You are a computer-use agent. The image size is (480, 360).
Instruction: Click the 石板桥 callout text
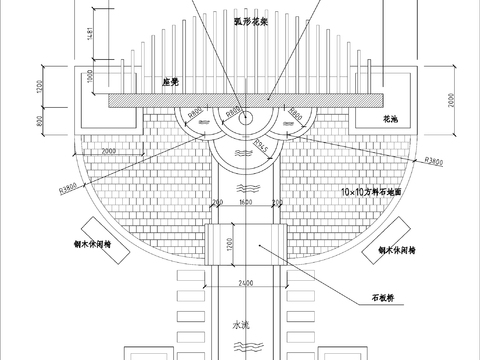(386, 297)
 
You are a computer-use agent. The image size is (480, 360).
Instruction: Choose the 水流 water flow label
(240, 325)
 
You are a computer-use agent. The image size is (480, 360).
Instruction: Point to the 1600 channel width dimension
(245, 203)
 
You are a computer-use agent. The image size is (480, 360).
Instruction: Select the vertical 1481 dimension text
(92, 35)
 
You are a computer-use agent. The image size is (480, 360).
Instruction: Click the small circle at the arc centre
(241, 117)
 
